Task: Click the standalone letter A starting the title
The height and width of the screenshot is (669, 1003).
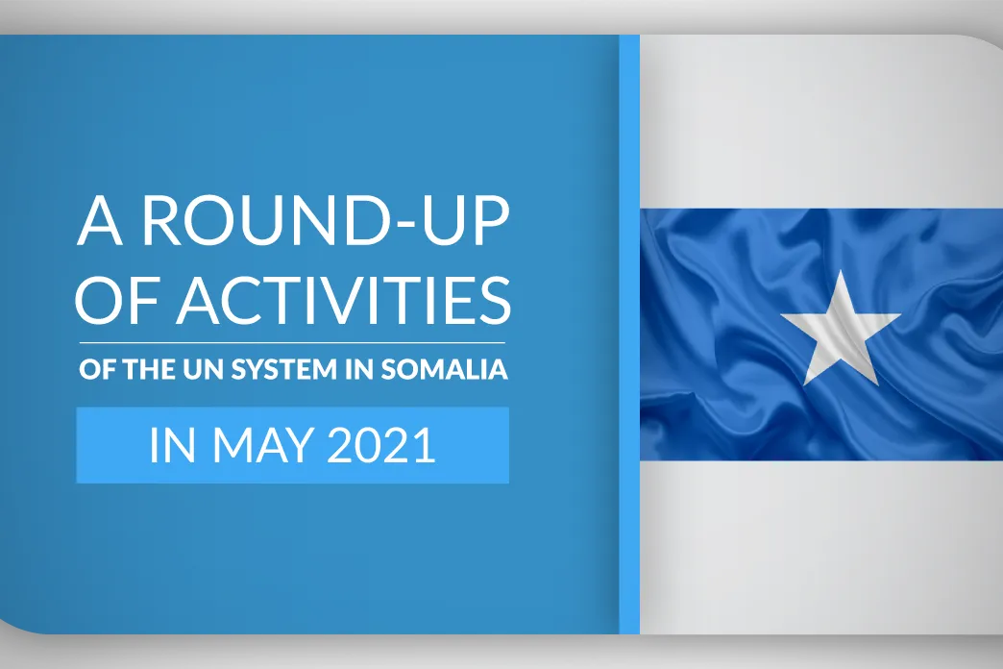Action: click(100, 221)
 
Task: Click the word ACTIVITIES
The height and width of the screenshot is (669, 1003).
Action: click(344, 300)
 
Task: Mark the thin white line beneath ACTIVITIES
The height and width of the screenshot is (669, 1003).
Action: click(292, 343)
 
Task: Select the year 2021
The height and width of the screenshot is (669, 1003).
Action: click(381, 445)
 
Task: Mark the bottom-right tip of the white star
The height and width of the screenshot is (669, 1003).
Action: click(878, 385)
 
